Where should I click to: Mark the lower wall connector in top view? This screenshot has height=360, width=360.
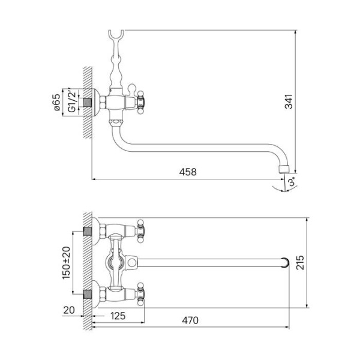(89, 295)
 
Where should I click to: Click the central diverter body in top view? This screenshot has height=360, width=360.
(116, 262)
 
